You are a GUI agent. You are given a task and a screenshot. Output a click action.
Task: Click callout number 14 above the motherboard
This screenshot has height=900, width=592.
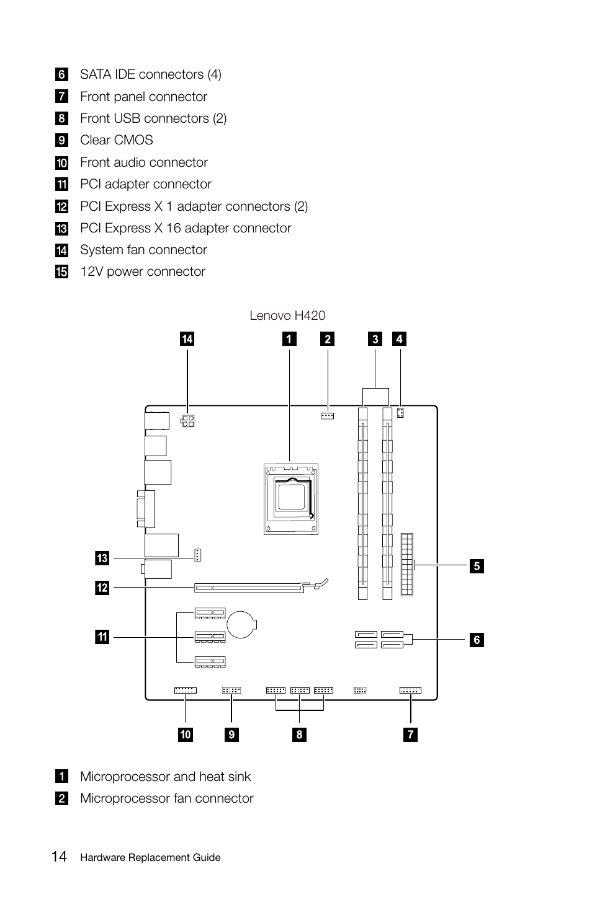pyautogui.click(x=187, y=338)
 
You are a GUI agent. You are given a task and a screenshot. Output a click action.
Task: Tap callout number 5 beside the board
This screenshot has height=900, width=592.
pyautogui.click(x=477, y=565)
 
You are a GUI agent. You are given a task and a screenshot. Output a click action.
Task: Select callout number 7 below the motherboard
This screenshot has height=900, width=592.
pyautogui.click(x=410, y=735)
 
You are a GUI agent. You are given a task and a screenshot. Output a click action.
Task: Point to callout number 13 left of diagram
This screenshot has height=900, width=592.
pyautogui.click(x=102, y=558)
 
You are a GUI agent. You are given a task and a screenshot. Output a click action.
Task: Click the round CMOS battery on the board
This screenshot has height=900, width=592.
pyautogui.click(x=241, y=625)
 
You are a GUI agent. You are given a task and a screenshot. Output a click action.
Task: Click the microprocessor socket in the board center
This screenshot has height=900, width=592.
pyautogui.click(x=291, y=498)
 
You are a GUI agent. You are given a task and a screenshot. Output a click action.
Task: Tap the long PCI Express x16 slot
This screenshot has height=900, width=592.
pyautogui.click(x=250, y=587)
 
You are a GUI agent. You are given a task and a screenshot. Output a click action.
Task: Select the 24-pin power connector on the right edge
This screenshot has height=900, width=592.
pyautogui.click(x=406, y=563)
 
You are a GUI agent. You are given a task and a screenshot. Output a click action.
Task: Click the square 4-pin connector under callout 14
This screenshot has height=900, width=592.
pyautogui.click(x=188, y=421)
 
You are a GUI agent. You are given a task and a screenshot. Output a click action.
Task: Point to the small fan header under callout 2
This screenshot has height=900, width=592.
pyautogui.click(x=327, y=415)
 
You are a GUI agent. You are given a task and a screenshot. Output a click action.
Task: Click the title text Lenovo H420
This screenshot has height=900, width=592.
pyautogui.click(x=287, y=315)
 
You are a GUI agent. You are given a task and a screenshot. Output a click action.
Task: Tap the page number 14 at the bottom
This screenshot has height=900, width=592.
pyautogui.click(x=59, y=857)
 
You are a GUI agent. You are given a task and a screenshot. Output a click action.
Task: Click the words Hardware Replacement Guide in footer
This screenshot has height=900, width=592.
pyautogui.click(x=150, y=858)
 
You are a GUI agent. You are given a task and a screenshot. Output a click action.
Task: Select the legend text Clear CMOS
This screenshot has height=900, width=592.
pyautogui.click(x=117, y=140)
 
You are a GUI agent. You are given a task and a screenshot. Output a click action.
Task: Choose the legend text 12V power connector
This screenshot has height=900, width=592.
pyautogui.click(x=143, y=271)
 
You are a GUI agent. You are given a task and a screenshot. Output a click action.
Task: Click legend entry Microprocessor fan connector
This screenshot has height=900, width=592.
pyautogui.click(x=166, y=798)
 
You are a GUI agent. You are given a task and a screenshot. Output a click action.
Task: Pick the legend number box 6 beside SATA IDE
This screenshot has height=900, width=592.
pyautogui.click(x=61, y=75)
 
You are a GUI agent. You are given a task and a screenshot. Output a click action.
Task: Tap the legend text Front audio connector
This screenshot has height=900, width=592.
pyautogui.click(x=144, y=162)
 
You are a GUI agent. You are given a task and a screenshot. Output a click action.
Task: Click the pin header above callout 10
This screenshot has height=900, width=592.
pyautogui.click(x=185, y=690)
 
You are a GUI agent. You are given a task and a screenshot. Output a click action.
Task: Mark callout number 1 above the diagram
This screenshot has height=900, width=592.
pyautogui.click(x=289, y=338)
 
